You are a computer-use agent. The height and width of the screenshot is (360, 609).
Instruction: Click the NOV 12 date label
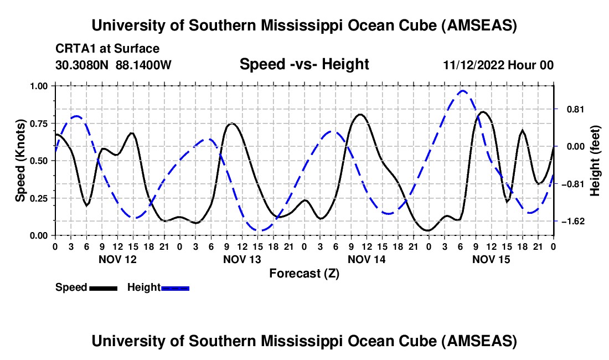[117, 259]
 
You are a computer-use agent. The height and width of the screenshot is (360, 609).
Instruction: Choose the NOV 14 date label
[367, 259]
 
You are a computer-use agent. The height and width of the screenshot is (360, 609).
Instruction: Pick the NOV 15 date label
[491, 259]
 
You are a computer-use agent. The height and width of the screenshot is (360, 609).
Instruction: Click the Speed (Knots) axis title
[20, 160]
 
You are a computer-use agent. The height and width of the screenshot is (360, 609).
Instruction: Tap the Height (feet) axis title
[596, 160]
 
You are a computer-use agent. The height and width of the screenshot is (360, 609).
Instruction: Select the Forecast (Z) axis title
[304, 273]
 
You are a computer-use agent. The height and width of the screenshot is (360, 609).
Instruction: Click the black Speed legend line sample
[103, 287]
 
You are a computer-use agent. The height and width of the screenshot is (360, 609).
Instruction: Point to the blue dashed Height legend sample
[175, 287]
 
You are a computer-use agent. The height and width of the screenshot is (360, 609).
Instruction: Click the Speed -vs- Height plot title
[304, 64]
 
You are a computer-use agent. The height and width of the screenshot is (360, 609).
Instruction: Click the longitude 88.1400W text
[144, 65]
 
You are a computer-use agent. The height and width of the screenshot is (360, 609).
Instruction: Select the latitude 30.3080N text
[83, 65]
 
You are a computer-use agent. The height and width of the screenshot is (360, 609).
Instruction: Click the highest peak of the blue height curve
[463, 91]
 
